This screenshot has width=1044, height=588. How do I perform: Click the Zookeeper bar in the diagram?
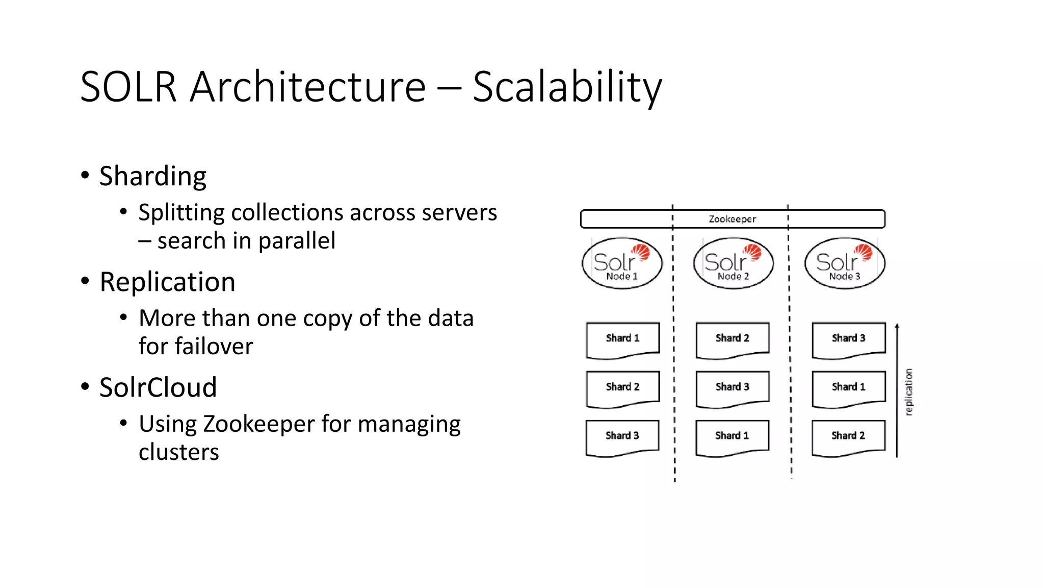tap(733, 219)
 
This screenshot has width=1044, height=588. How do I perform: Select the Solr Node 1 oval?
tap(622, 263)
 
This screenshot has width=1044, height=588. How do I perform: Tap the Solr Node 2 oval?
tap(733, 263)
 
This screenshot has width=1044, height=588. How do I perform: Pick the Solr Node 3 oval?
tap(845, 263)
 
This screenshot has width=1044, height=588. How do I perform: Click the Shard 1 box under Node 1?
tap(622, 338)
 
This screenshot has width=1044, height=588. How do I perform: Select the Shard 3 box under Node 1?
tap(622, 436)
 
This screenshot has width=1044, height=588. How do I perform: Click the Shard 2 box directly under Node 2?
tap(733, 338)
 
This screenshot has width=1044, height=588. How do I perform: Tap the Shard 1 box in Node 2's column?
tap(732, 436)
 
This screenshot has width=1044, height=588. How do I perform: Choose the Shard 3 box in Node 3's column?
tap(848, 338)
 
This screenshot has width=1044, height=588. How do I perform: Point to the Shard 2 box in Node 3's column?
tap(848, 436)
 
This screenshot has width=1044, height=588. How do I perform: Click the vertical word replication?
tap(908, 392)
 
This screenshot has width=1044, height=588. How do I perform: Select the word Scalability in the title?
tap(567, 87)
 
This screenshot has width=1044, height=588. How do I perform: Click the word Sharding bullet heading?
tap(153, 177)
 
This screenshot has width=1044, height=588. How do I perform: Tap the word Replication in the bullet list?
tap(167, 282)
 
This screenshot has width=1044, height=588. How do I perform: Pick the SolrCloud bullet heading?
tap(158, 387)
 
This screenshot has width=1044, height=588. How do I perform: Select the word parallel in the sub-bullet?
tap(297, 240)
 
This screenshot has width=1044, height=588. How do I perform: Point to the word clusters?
tap(178, 452)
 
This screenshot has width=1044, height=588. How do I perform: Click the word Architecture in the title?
tap(307, 87)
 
